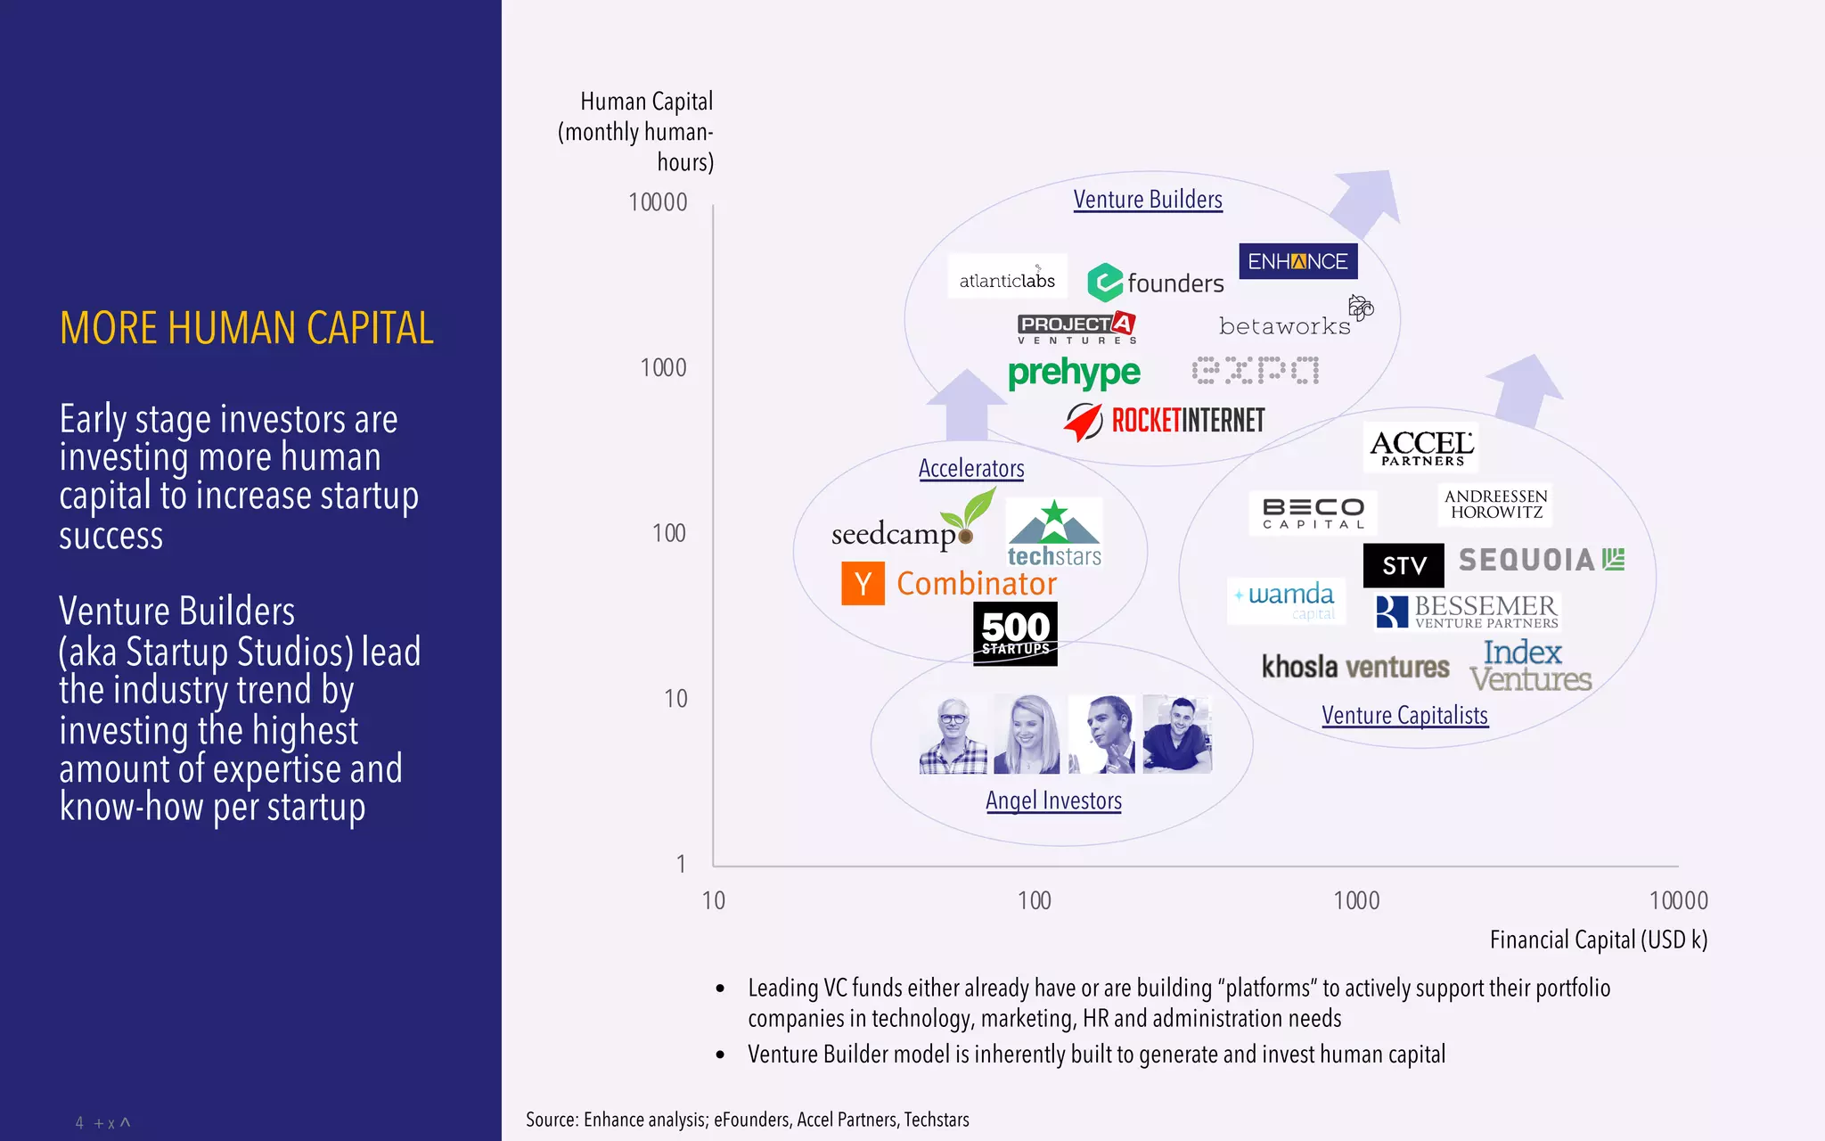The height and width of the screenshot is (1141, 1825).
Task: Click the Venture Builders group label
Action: tap(1147, 199)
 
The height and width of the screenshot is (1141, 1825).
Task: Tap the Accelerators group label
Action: tap(971, 468)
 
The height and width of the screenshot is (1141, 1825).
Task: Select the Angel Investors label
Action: tap(1053, 800)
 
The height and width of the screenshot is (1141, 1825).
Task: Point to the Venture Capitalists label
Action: tap(1404, 715)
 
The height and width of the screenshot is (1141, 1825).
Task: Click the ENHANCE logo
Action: tap(1297, 261)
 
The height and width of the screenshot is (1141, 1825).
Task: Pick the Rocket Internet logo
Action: tap(1166, 420)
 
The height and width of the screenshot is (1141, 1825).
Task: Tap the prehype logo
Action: tap(1074, 373)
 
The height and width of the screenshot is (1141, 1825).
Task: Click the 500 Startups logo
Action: tap(1015, 634)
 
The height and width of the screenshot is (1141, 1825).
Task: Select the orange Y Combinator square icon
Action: tap(863, 584)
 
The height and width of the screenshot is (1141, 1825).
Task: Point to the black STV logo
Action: tap(1404, 565)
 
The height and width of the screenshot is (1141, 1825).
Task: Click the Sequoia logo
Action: tap(1541, 560)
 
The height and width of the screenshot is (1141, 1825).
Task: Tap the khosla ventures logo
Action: tap(1354, 667)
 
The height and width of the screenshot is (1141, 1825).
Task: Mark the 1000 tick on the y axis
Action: tap(663, 367)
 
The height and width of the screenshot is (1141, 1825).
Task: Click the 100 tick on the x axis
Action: tap(1034, 900)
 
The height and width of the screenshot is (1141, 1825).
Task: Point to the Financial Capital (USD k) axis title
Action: tap(1598, 940)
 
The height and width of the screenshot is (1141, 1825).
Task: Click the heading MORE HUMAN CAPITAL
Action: tap(246, 328)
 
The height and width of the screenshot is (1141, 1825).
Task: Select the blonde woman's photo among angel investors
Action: tap(1027, 734)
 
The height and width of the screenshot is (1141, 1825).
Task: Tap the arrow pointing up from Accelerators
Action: tap(966, 406)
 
